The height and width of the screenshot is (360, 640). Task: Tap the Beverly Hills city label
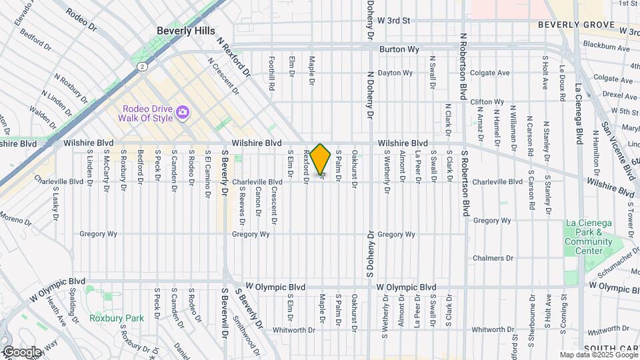pyautogui.click(x=186, y=31)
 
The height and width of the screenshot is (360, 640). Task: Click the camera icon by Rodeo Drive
pyautogui.click(x=182, y=114)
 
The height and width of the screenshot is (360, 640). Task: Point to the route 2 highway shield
pyautogui.click(x=142, y=67)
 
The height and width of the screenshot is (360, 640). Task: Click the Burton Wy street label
pyautogui.click(x=399, y=49)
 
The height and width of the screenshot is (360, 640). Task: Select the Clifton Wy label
pyautogui.click(x=487, y=102)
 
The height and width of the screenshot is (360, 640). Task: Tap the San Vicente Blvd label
pyautogui.click(x=618, y=151)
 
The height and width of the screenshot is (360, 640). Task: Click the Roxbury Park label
pyautogui.click(x=117, y=318)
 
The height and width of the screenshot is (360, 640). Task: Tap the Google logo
pyautogui.click(x=22, y=351)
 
